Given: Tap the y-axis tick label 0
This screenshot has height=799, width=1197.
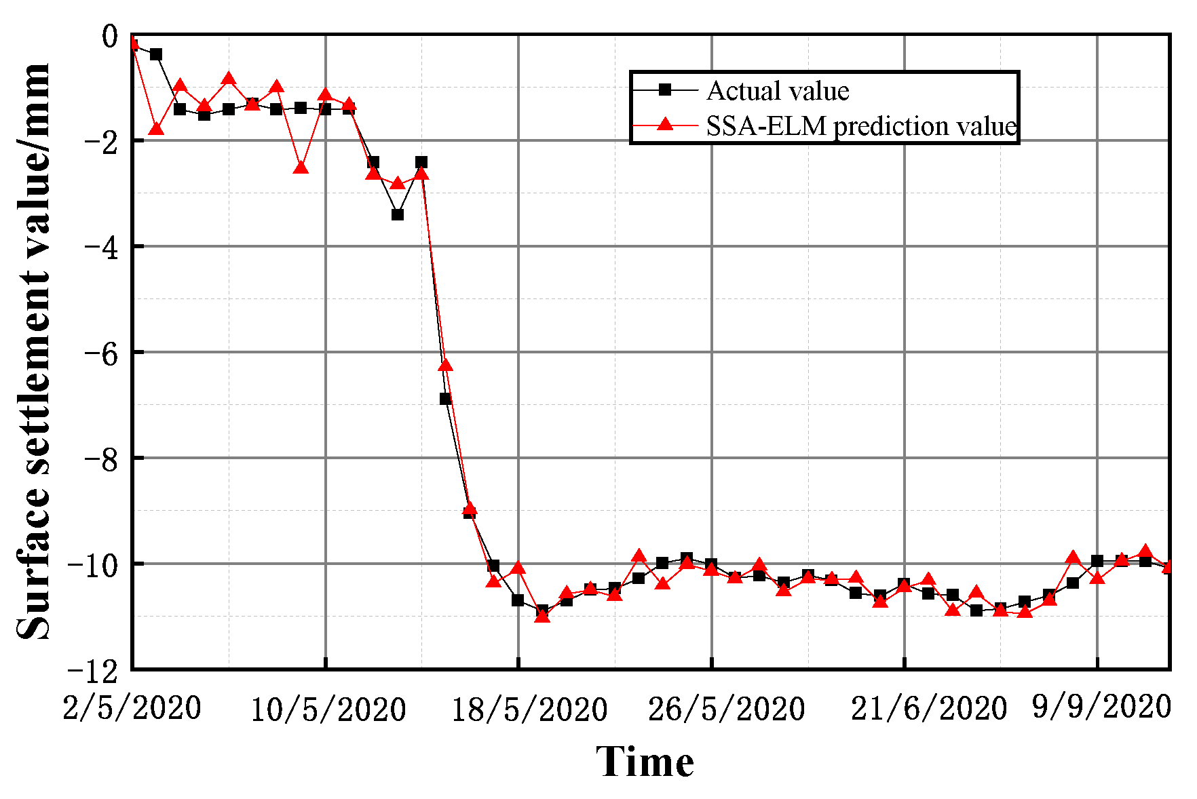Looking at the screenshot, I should [109, 35].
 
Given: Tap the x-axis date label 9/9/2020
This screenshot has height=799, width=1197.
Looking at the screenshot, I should [1101, 707].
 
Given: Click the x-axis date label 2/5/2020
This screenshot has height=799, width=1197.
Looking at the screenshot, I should [132, 709].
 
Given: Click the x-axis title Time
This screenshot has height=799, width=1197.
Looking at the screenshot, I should [645, 762].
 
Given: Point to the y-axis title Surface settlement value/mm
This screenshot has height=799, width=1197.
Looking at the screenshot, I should [34, 351].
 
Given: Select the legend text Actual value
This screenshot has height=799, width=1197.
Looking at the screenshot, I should [778, 91].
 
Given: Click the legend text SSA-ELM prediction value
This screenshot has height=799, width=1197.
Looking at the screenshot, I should [861, 126].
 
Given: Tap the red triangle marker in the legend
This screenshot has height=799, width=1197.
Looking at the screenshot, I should [665, 124].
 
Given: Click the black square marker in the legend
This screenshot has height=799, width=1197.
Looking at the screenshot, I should [665, 90].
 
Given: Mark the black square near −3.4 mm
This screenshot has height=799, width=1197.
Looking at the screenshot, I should [398, 214].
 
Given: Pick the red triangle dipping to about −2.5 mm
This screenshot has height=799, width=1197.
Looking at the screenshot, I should [301, 167].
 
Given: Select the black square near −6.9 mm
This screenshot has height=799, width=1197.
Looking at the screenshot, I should [445, 399].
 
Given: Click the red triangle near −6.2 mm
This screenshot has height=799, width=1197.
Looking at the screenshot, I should [445, 365].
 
